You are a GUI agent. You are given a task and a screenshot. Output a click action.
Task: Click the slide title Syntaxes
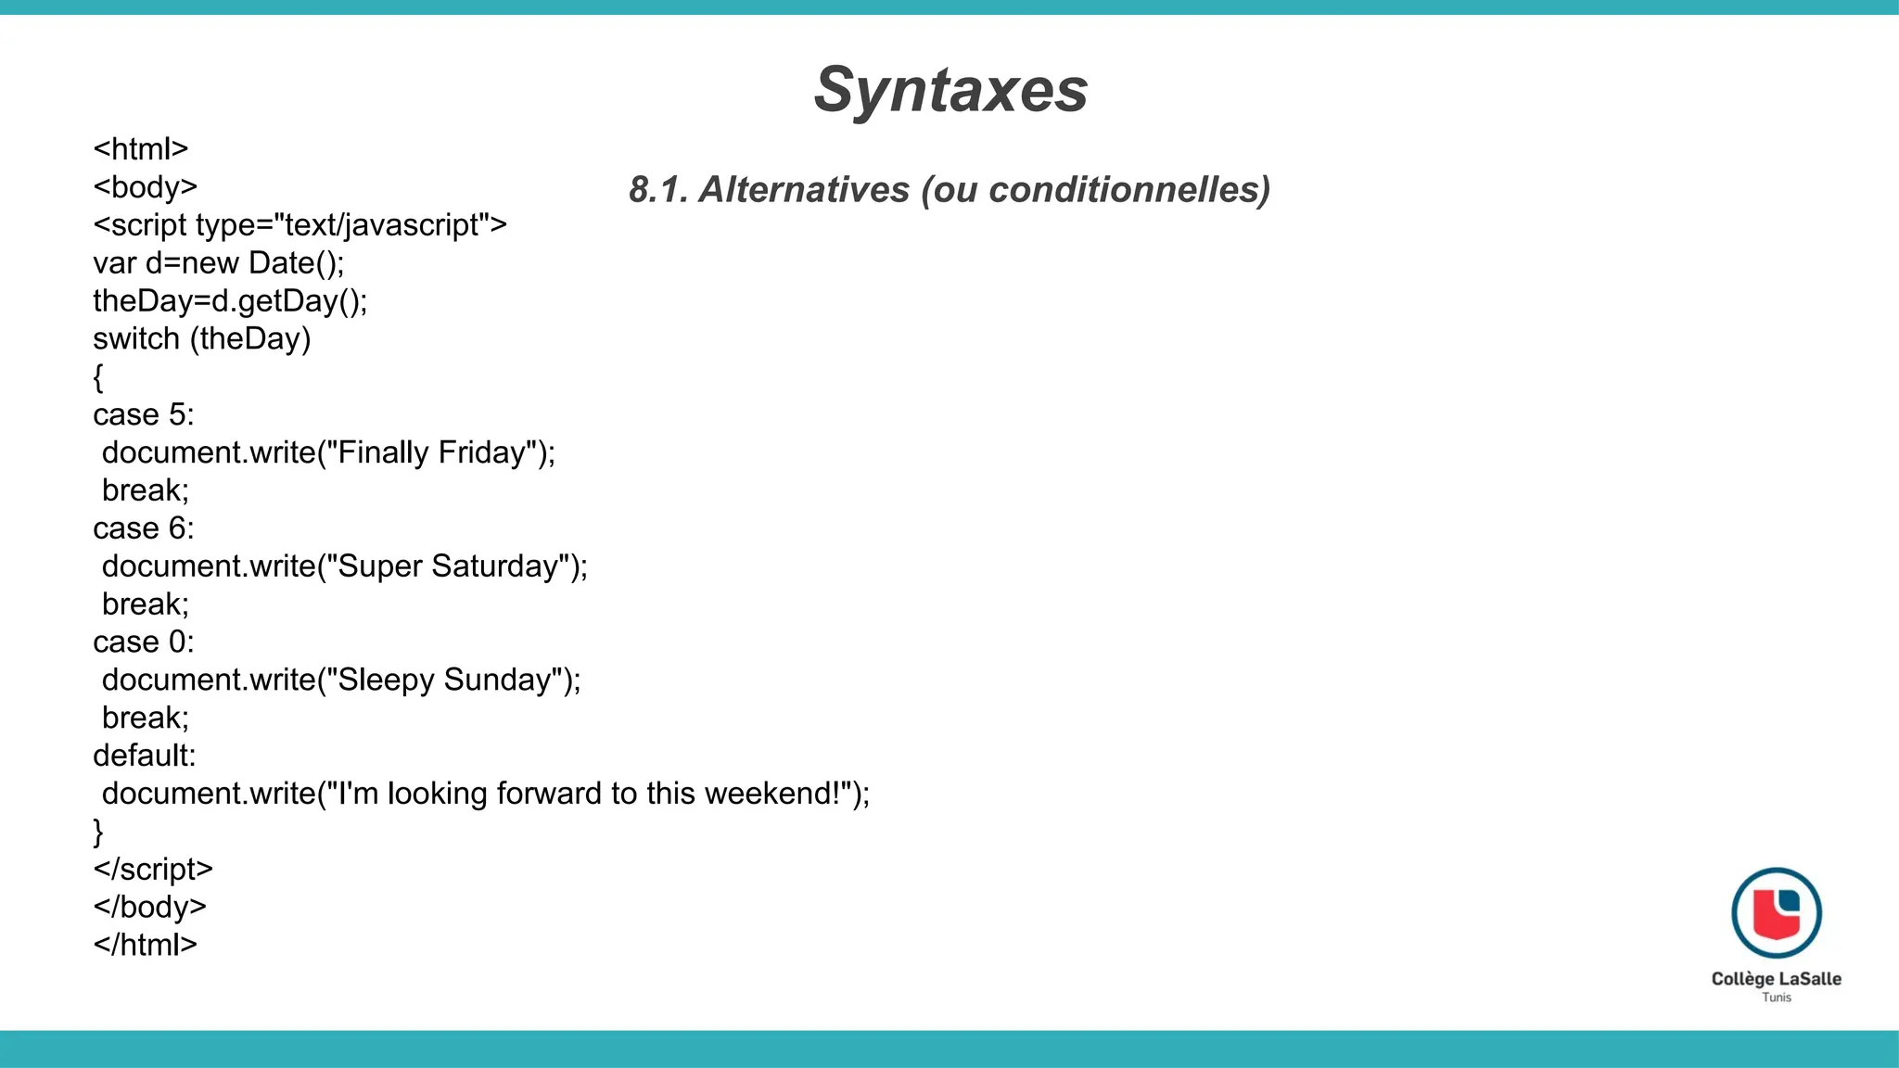tap(950, 90)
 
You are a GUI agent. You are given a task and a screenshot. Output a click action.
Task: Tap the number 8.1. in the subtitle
tap(657, 189)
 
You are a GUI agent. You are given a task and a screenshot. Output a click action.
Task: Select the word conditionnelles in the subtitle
tap(1128, 189)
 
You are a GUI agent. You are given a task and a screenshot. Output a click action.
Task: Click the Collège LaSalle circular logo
tap(1776, 913)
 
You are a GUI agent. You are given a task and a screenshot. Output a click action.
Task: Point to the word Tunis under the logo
tap(1776, 998)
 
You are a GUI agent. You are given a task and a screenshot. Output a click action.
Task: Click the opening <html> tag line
tap(141, 149)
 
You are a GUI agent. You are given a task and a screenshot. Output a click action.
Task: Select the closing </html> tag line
tap(146, 945)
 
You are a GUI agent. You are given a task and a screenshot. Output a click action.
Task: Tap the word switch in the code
tap(136, 338)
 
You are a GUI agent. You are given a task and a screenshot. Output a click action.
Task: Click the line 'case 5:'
tap(144, 414)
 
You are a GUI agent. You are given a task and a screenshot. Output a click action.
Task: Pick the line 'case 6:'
tap(144, 528)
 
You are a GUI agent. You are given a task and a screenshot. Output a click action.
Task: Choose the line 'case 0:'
tap(144, 642)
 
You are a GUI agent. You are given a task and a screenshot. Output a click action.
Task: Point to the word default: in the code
tap(145, 756)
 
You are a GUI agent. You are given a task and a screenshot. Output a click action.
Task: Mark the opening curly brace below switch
tap(98, 377)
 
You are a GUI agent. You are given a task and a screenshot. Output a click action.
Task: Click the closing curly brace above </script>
tap(98, 832)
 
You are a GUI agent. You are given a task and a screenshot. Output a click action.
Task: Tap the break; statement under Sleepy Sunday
tap(146, 718)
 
